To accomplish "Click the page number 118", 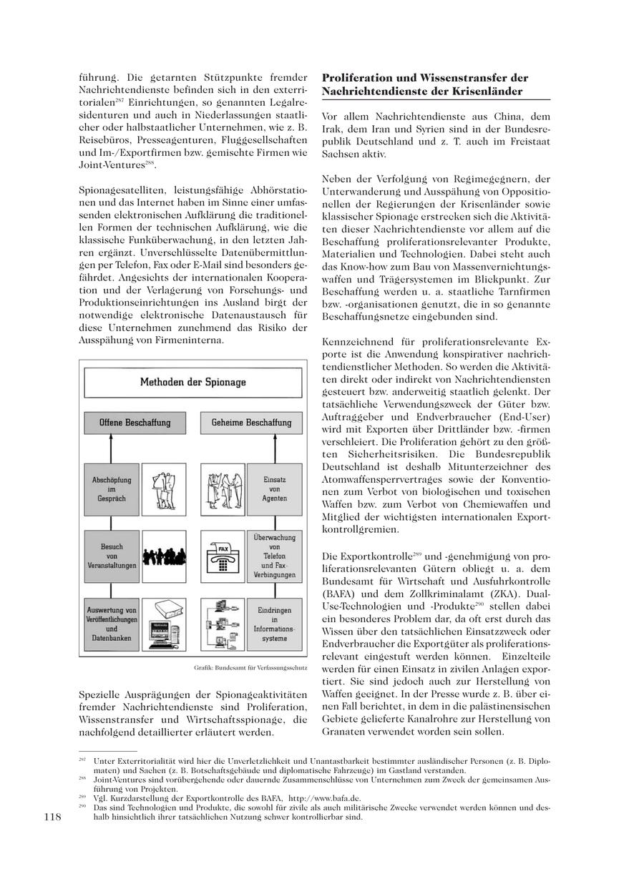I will pos(54,817).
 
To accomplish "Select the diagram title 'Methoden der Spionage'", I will pos(192,382).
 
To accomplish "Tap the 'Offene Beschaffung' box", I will pos(135,423).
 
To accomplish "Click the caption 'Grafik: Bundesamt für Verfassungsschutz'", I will pos(250,667).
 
